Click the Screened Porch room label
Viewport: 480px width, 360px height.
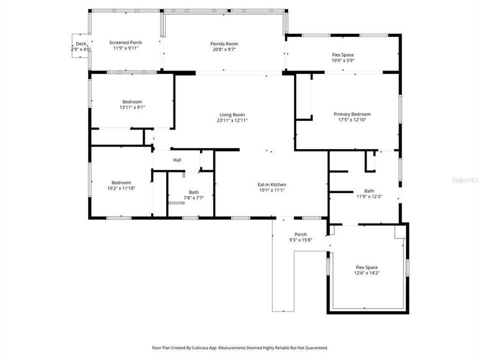pos(125,42)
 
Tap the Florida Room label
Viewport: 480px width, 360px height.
pos(223,43)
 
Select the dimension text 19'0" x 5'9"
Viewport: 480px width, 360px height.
pos(343,60)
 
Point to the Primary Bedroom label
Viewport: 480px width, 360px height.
pos(352,114)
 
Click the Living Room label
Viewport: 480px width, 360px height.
pos(232,114)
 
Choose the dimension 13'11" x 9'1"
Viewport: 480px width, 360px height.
pos(132,107)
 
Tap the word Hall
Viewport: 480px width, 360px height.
pos(177,160)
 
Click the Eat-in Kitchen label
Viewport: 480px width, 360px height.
pos(272,184)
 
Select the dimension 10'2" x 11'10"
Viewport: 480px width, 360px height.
pos(121,188)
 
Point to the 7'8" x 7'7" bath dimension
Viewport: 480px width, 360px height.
pos(193,197)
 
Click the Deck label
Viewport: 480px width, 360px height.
pos(80,43)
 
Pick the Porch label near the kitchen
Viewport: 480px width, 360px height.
pos(300,234)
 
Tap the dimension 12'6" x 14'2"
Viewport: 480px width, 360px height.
pos(366,273)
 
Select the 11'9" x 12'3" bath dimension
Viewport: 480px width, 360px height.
pos(369,196)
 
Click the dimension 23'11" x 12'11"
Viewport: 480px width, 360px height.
pos(232,120)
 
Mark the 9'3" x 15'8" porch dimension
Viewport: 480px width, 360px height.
pos(300,240)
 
